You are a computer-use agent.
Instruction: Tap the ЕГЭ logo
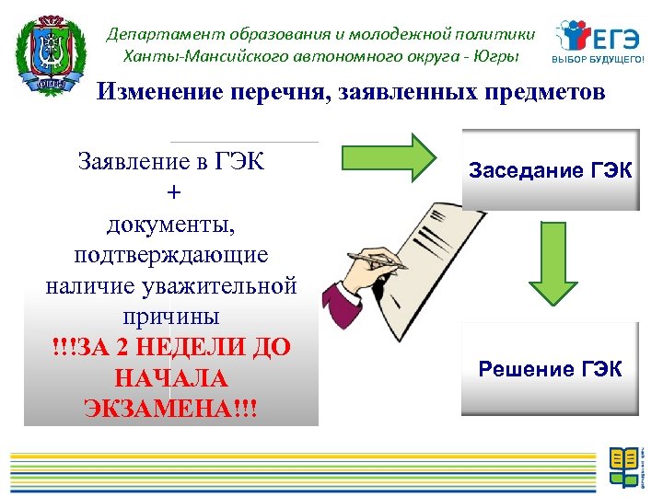[598, 37]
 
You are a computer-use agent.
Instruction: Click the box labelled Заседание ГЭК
[551, 171]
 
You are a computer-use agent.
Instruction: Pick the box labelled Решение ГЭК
[551, 370]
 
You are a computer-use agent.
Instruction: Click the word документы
[171, 224]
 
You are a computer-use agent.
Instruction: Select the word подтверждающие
[171, 255]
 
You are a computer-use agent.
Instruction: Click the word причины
[171, 317]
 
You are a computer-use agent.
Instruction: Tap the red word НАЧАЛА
[171, 378]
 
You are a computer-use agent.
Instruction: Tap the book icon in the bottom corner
[624, 466]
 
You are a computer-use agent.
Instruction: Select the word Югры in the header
[498, 55]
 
